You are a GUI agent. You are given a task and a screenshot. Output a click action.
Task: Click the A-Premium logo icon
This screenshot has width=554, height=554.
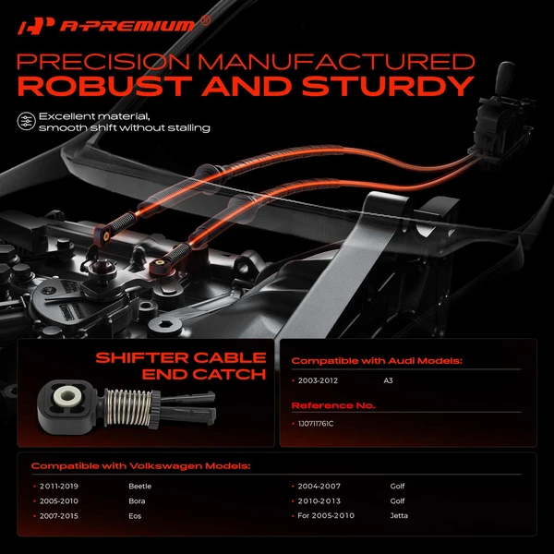(30, 26)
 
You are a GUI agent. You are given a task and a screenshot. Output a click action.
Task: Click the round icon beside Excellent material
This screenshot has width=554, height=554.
(26, 121)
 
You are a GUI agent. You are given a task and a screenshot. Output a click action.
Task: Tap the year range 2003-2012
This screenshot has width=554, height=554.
(319, 379)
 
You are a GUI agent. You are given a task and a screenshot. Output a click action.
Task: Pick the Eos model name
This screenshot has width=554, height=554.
(135, 515)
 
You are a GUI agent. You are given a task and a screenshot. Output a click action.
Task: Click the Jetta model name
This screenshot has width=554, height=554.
(398, 515)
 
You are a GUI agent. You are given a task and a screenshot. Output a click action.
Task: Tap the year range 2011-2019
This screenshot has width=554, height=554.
(59, 484)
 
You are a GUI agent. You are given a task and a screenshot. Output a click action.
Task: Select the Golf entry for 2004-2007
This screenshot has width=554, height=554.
(397, 484)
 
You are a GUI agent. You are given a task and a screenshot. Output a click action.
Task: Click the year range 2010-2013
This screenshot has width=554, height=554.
(319, 500)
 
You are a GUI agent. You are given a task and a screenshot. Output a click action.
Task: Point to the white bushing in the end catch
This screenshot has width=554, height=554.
(66, 399)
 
